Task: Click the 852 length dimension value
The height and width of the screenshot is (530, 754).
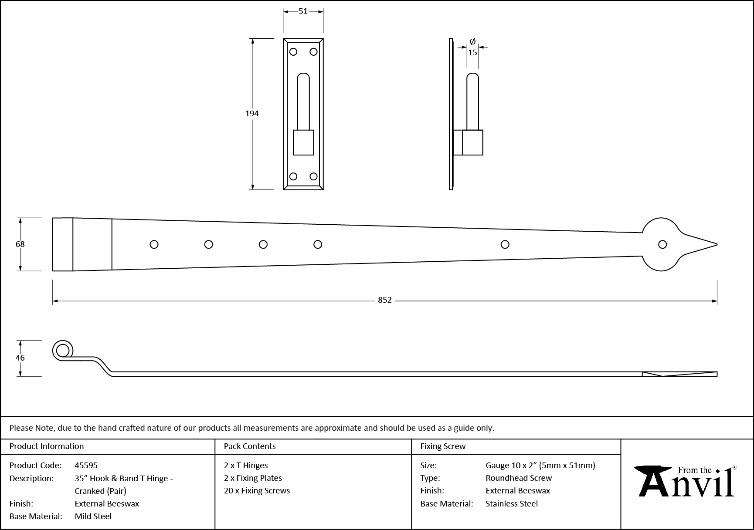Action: click(384, 300)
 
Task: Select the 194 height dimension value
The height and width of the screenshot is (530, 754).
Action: click(252, 113)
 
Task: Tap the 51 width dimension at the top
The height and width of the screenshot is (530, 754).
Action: click(303, 11)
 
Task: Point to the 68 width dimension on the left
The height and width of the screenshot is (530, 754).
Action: click(20, 244)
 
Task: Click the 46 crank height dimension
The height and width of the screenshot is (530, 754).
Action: click(20, 358)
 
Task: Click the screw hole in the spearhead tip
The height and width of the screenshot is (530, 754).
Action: click(662, 244)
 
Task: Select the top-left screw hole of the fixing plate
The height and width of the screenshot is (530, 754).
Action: click(293, 52)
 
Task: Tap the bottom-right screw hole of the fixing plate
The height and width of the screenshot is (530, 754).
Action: click(313, 176)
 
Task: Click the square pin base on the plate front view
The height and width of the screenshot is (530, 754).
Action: click(303, 142)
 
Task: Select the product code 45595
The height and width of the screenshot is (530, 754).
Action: click(86, 465)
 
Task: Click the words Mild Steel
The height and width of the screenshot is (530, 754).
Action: click(93, 516)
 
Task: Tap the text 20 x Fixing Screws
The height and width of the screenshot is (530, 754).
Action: click(257, 490)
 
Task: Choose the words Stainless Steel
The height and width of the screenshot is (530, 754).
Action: click(512, 503)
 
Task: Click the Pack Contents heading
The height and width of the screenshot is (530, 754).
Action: click(250, 446)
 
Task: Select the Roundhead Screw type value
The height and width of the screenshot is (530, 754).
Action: click(519, 478)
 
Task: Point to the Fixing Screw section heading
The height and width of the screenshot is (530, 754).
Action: click(443, 446)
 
